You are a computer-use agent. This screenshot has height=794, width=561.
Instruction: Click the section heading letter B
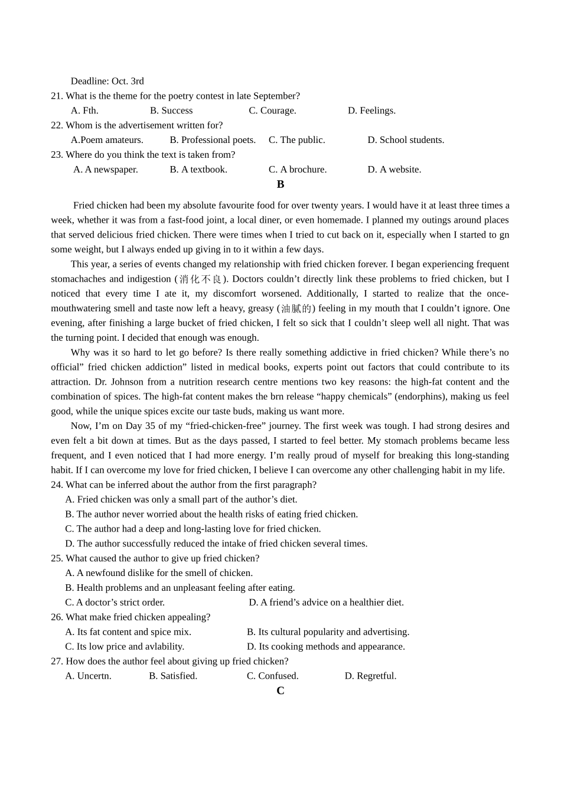coord(280,184)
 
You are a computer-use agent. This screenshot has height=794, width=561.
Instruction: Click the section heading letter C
coord(280,691)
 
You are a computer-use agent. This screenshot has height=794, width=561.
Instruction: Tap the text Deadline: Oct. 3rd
coord(107,81)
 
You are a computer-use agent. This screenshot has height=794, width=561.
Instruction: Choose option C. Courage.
coord(272,110)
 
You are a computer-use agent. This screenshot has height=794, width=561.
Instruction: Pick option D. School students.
coord(406,140)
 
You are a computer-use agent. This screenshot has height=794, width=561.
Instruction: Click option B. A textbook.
coord(198,170)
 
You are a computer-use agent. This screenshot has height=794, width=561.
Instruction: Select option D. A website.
coord(394,170)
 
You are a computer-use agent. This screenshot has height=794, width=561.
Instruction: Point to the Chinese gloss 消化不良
coord(201,279)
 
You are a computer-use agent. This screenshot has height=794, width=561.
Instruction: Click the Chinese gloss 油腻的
coord(296,308)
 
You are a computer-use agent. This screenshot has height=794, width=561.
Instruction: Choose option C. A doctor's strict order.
coord(115,602)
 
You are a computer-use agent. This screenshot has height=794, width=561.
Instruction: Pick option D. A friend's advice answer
coord(326,602)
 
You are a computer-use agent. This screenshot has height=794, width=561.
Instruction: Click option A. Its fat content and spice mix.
coord(128,632)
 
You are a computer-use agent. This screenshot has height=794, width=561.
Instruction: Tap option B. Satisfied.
coord(172,676)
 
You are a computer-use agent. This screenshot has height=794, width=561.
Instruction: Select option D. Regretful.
coord(370,676)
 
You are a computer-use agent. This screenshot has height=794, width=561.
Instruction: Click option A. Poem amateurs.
coord(107,140)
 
